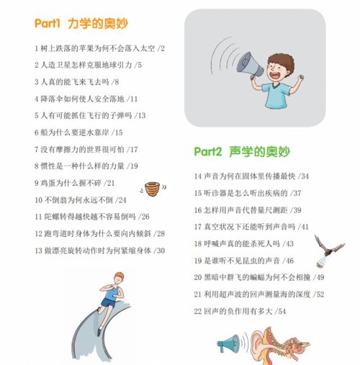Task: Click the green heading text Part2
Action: coord(208,152)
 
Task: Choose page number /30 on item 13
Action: coord(159,251)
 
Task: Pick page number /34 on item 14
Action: coord(304,176)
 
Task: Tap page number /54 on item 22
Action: coord(280,311)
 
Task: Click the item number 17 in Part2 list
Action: coord(198,227)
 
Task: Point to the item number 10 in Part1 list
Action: coord(39,200)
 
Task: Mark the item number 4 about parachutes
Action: coord(36,99)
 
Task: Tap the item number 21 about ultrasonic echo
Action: coord(198,294)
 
